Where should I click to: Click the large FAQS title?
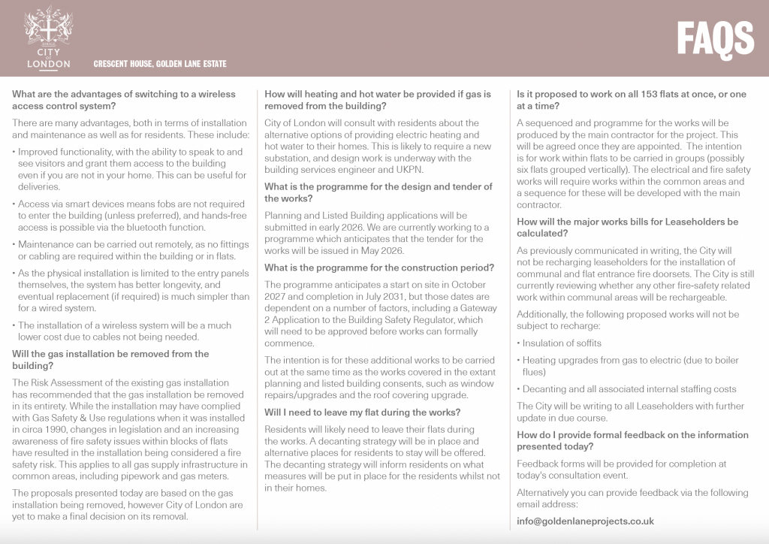coord(715,38)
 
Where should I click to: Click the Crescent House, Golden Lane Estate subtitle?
coord(160,64)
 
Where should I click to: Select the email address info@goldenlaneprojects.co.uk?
coord(585,521)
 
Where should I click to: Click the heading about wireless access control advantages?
coord(124,100)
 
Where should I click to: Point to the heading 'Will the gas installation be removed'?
coord(110,359)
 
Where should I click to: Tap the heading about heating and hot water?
coord(378,100)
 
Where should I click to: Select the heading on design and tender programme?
coord(378,192)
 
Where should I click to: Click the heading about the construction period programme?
coord(379,267)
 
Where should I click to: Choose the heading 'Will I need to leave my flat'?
coord(363,412)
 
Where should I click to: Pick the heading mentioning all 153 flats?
coord(632,100)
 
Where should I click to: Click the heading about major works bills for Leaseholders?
coord(628,228)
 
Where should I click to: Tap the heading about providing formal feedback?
coord(632,440)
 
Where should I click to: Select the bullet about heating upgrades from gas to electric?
coord(631,366)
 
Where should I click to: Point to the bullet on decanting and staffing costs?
coord(629,389)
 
